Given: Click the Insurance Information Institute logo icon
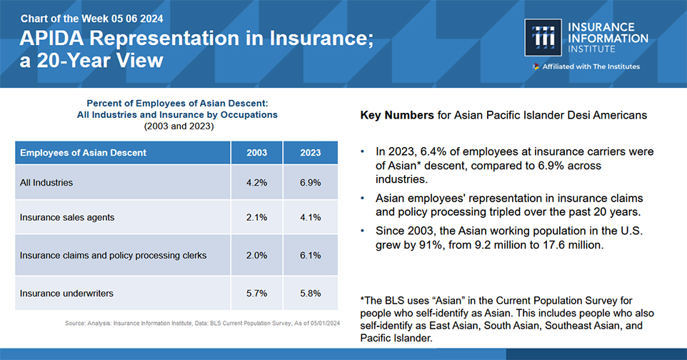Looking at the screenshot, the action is (543, 37).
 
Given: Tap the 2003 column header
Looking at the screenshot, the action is (257, 153).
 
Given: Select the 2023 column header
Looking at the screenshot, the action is (310, 153).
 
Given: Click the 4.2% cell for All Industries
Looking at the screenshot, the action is (257, 182).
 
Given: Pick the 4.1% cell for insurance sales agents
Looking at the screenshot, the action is (310, 217).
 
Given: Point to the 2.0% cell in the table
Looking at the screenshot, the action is (257, 255).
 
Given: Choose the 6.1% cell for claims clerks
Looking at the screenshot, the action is (310, 255).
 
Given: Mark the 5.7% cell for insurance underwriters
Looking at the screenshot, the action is (257, 294).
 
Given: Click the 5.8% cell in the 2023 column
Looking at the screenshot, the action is (310, 294).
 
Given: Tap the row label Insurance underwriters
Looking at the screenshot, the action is (66, 294).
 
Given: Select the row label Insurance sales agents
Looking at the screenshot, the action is (67, 217).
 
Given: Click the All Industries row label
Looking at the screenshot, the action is (46, 182).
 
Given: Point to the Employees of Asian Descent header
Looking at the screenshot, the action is (84, 153).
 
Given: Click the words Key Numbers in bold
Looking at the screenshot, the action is (397, 115).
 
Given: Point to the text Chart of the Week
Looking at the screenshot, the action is (64, 19).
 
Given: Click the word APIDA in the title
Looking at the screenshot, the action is (51, 38).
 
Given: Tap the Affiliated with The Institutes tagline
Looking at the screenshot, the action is (591, 66).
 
